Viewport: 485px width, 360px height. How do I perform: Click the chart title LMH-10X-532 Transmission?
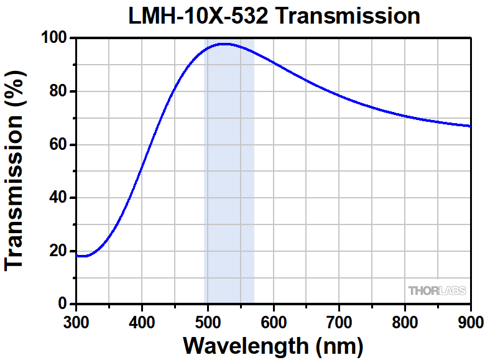tap(274, 15)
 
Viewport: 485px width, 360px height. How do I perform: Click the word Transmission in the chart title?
tap(348, 15)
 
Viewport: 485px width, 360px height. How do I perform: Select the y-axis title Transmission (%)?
tap(15, 171)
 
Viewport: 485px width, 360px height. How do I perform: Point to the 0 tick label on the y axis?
tap(62, 304)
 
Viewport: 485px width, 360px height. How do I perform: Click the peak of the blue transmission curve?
tap(224, 44)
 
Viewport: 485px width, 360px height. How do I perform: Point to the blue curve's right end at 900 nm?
tap(470, 126)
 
